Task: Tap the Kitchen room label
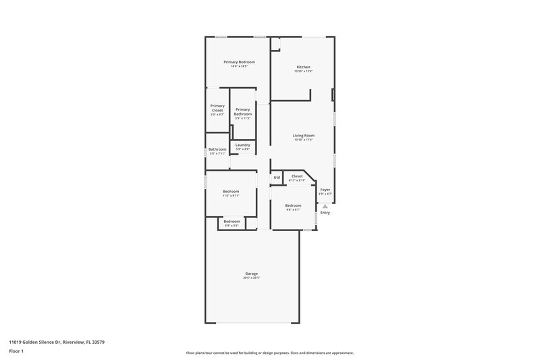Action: point(303,67)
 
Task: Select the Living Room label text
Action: point(303,136)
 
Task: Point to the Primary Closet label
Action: point(217,106)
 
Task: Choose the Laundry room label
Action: point(242,145)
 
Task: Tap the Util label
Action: point(277,178)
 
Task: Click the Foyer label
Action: point(325,190)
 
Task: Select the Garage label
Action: point(251,274)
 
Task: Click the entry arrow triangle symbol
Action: point(325,206)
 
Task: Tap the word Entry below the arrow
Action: point(325,213)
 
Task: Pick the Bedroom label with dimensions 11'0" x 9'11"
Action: point(231,192)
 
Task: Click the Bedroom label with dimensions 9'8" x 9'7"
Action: point(292,205)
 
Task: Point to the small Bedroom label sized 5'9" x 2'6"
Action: point(232,222)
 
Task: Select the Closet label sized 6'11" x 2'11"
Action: point(297,176)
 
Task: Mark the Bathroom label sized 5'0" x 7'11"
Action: point(217,149)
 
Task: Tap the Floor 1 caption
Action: point(16,352)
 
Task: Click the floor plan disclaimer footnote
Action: point(269,353)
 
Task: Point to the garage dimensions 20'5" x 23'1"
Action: point(251,278)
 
